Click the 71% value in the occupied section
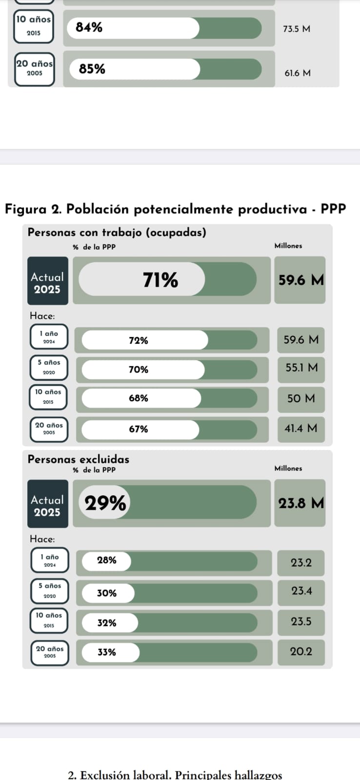[x=160, y=280]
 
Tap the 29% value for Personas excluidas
[x=105, y=503]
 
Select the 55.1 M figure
[x=301, y=368]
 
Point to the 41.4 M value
[x=300, y=429]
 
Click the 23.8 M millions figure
[x=300, y=503]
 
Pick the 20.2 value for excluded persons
[x=301, y=651]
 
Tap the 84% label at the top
[x=89, y=28]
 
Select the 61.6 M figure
[x=297, y=73]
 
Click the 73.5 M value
[x=296, y=29]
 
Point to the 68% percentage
[x=139, y=398]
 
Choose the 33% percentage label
[x=107, y=652]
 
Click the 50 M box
[x=301, y=398]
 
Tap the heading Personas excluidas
[x=79, y=459]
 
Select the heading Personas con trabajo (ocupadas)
[x=117, y=233]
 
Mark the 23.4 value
[x=301, y=591]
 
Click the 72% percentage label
[x=139, y=340]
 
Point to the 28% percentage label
[x=107, y=560]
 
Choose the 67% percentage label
[x=139, y=429]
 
